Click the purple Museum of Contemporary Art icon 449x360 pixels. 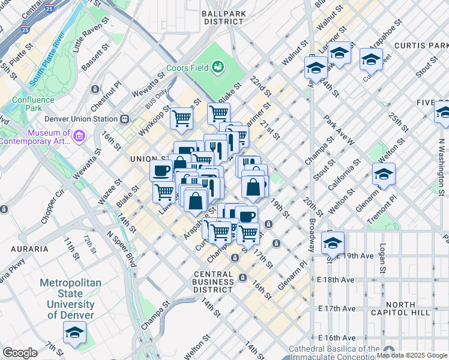pyautogui.click(x=79, y=137)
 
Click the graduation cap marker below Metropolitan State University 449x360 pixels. pyautogui.click(x=74, y=332)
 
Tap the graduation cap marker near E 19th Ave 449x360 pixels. pyautogui.click(x=333, y=242)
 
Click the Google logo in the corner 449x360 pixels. pyautogui.click(x=20, y=353)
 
